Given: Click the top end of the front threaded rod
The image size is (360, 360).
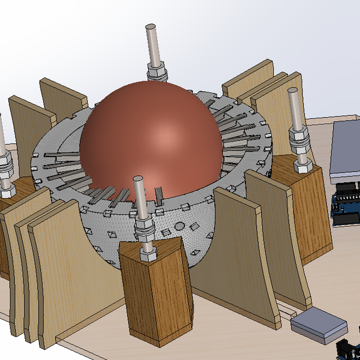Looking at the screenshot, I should tap(139, 180).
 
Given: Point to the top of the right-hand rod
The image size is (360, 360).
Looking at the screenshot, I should tap(293, 92).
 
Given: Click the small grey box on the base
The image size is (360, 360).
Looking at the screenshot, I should tap(319, 325).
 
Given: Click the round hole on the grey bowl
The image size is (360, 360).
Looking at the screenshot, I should tap(179, 226).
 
